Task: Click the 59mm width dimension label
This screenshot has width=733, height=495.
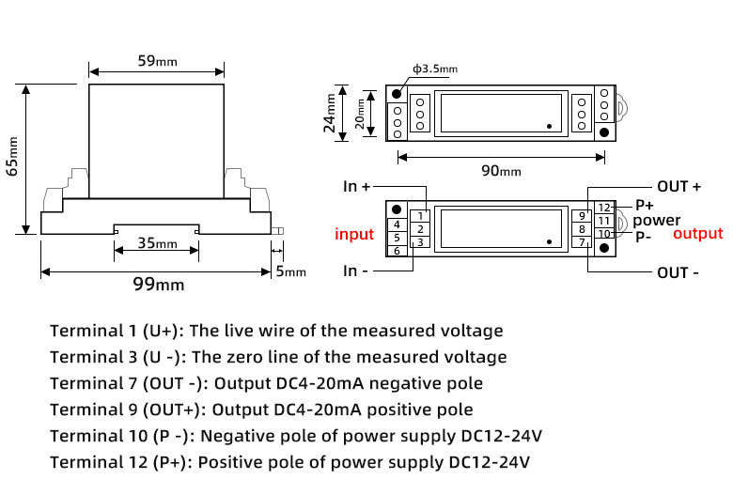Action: pos(157,61)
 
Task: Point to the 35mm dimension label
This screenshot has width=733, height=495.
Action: pos(157,243)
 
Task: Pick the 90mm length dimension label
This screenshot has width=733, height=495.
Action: pos(501,171)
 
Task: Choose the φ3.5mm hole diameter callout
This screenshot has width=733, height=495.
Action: pos(434,69)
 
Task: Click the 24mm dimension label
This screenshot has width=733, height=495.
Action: pos(330,115)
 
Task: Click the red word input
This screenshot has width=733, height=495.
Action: pos(354,234)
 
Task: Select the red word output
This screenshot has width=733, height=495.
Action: pos(698,234)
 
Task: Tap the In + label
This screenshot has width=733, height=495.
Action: pos(356,187)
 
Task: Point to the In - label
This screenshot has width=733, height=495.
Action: pos(356,272)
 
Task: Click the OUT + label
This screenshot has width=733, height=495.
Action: pos(678,187)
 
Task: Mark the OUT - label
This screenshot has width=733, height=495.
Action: pos(678,273)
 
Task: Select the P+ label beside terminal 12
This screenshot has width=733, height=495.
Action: pos(645,206)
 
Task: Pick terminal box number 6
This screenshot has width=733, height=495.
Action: pos(398,251)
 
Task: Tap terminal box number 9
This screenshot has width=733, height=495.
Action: pos(582,217)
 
